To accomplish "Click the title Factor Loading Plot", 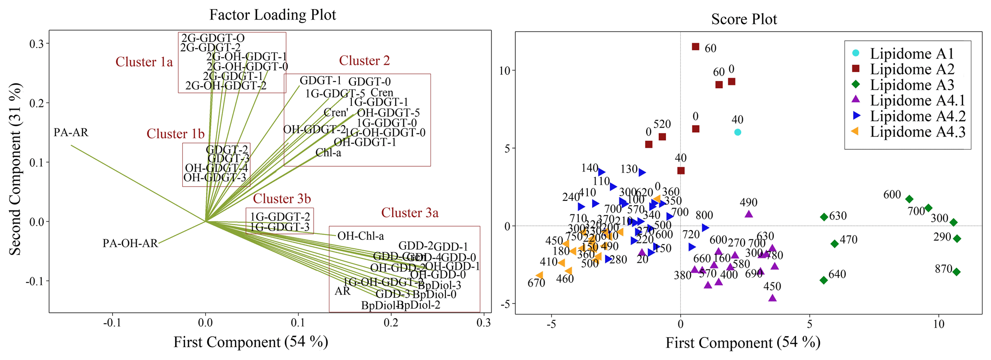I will tap(272, 15).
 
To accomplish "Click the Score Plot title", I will tap(744, 19).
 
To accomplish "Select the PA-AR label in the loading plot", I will tap(71, 132).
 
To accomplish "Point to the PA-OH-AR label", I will tap(130, 244).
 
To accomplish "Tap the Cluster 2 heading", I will tap(364, 61).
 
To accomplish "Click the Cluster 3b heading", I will tap(282, 198).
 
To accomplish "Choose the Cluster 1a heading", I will tap(144, 62).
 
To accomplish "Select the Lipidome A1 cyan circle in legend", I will tap(855, 53).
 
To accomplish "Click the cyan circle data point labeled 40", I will tap(738, 132).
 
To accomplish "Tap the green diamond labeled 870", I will tap(956, 272).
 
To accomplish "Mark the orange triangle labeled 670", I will tap(539, 275).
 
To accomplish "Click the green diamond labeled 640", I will tap(824, 280).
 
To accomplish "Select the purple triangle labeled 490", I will tap(749, 214).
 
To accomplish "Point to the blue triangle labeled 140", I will tap(601, 172).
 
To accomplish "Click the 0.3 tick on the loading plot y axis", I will tap(37, 44).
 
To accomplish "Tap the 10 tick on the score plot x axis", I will tap(938, 324).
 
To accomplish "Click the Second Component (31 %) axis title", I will tap(15, 169).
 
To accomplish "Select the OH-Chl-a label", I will tap(361, 236).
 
